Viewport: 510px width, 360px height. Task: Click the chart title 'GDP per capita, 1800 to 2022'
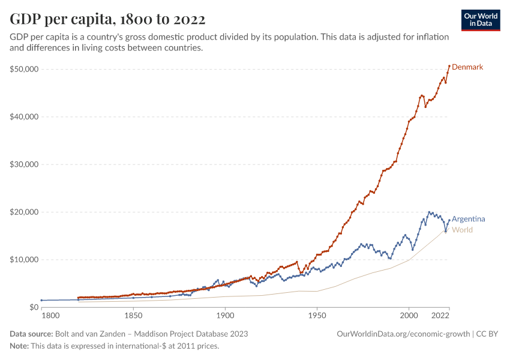107,19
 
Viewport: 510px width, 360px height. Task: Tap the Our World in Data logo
480,20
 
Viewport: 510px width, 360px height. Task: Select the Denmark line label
467,67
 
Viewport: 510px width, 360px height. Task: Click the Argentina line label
468,219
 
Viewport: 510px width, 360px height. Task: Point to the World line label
462,230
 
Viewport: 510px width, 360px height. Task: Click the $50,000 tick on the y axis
25,69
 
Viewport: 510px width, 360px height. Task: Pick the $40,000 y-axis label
25,117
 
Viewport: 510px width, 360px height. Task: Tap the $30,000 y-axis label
25,164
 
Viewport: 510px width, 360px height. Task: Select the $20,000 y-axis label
25,212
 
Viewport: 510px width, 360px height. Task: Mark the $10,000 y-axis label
25,260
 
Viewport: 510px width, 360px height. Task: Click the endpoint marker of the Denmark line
449,66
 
